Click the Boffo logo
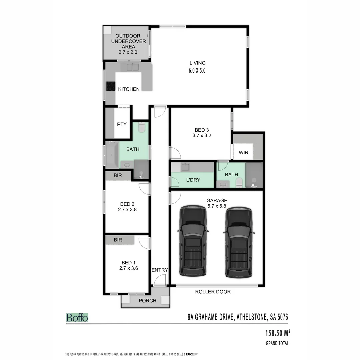tap(77, 317)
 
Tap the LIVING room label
tap(198, 63)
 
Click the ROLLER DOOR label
tap(213, 292)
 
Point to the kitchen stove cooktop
tap(110, 86)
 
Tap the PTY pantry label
tap(122, 124)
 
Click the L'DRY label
tap(193, 180)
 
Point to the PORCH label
tap(147, 300)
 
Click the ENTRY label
tap(160, 270)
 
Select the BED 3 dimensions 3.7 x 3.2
tap(202, 136)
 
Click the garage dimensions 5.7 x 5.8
tap(217, 206)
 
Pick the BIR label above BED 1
tap(118, 240)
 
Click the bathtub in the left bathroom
tap(111, 155)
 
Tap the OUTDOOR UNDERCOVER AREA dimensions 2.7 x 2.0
tap(128, 52)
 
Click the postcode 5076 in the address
tap(280, 317)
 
